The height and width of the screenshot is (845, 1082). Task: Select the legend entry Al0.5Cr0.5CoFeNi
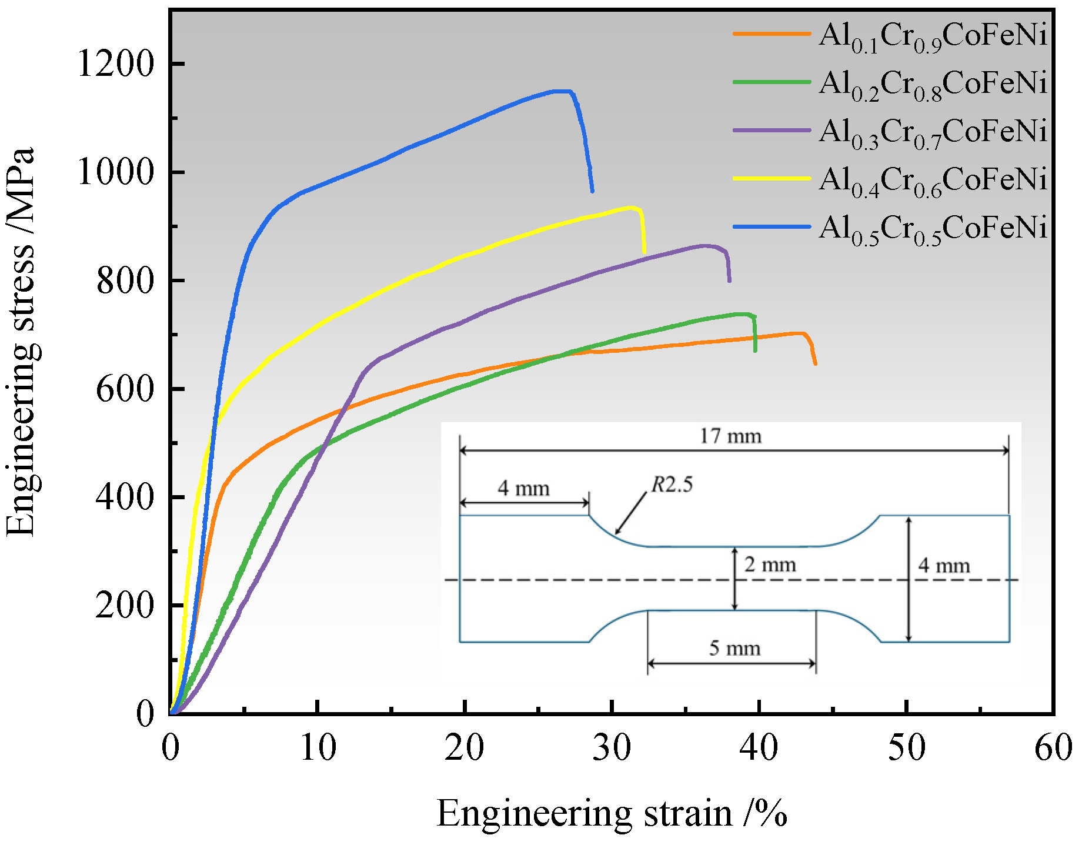(x=933, y=228)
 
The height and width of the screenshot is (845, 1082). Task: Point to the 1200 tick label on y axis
(x=115, y=64)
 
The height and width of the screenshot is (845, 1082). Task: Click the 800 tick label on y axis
(x=125, y=280)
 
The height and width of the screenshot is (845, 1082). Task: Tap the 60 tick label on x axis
(x=1053, y=748)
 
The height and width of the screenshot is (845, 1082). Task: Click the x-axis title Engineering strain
(x=612, y=814)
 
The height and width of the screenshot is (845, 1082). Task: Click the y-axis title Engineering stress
(x=21, y=341)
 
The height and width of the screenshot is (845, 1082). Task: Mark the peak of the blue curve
(x=562, y=91)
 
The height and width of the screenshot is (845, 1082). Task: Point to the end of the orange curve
(x=815, y=363)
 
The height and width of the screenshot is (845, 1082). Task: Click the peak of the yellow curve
(x=632, y=207)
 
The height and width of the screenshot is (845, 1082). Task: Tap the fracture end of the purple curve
(x=729, y=281)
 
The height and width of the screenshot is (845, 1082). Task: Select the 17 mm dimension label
(x=730, y=436)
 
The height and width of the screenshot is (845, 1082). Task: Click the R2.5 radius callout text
(x=672, y=485)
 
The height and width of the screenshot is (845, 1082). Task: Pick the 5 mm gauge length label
(x=734, y=648)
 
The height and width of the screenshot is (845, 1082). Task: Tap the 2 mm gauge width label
(x=770, y=565)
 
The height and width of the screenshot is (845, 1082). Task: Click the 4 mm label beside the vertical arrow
(x=944, y=566)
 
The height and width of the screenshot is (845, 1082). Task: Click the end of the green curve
(x=755, y=350)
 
